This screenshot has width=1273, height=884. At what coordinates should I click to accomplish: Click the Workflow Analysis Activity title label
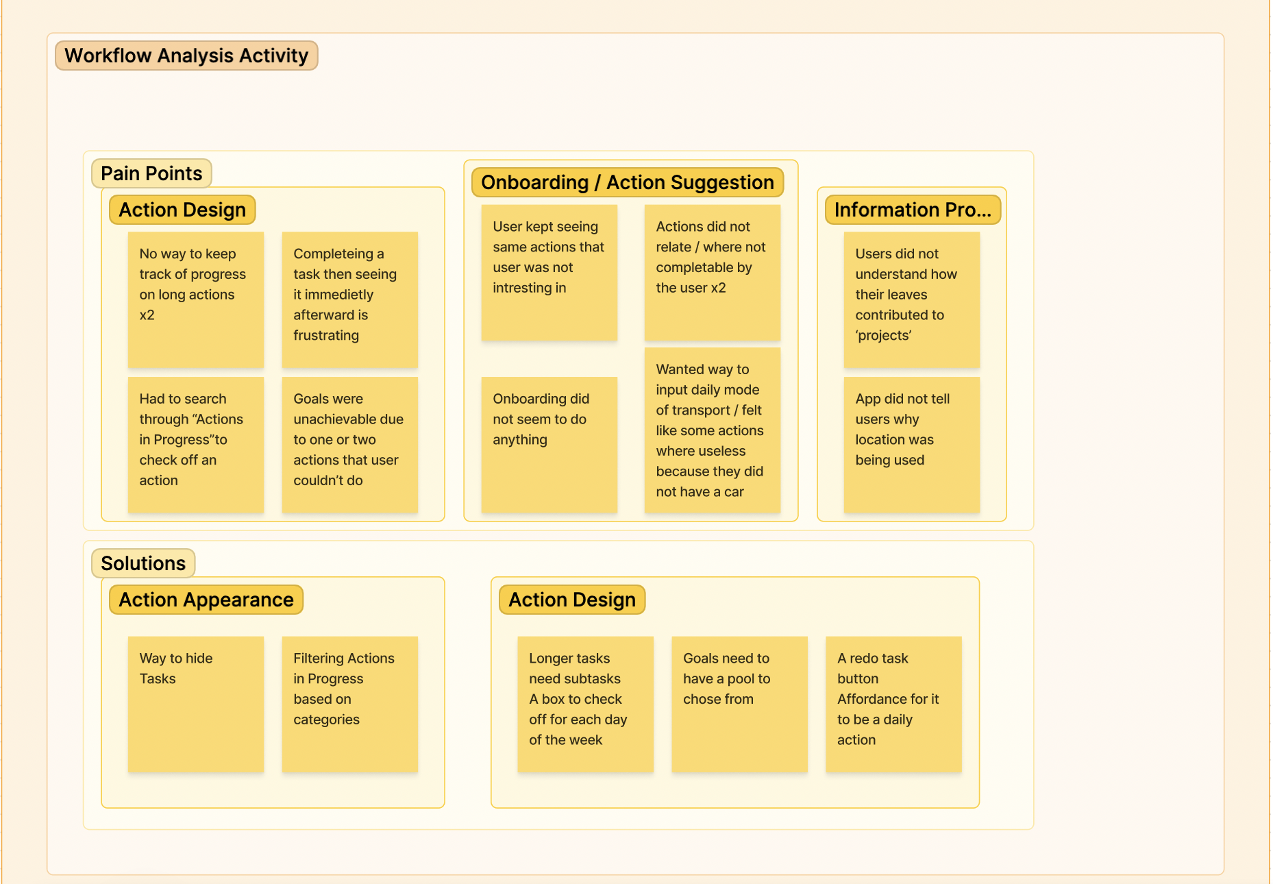point(186,56)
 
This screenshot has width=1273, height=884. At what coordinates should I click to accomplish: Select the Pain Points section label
point(151,173)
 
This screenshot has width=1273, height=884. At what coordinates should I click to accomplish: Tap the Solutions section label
point(143,563)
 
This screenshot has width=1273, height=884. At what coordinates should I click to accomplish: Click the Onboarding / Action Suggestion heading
point(627,182)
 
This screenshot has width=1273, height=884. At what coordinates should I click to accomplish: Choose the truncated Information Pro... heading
point(913,210)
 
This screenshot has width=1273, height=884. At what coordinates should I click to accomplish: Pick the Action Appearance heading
point(206,600)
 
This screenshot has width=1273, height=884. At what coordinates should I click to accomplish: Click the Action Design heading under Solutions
point(571,600)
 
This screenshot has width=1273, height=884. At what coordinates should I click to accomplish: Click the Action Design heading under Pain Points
point(182,210)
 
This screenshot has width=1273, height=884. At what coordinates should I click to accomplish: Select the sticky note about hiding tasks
point(196,704)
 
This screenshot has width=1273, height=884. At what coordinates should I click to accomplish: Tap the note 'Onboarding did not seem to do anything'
point(549,444)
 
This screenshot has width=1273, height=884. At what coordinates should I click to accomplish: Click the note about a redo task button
point(893,704)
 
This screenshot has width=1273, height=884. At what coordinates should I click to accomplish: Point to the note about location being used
point(911,444)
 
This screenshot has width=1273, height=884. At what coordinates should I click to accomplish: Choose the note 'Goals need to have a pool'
point(739,704)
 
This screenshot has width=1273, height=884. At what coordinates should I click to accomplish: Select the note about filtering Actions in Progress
point(349,704)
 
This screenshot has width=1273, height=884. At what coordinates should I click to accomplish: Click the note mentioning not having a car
point(712,430)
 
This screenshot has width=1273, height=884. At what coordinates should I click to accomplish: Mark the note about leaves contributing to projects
point(911,299)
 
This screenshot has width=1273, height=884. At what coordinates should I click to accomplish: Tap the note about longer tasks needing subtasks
point(585,704)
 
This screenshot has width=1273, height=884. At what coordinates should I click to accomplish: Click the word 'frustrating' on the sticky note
point(326,335)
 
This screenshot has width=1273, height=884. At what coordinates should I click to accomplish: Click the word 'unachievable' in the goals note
point(348,419)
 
